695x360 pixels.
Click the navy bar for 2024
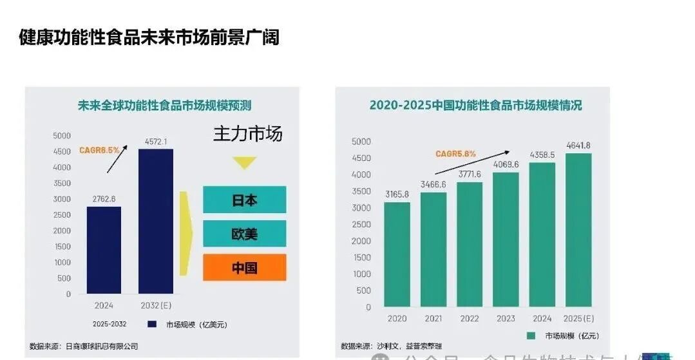pos(104,250)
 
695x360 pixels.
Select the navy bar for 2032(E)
pos(156,222)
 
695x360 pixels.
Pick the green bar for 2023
pos(506,240)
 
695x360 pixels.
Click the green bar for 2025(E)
pos(578,230)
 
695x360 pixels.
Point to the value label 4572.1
pos(156,142)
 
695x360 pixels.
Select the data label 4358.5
pos(542,155)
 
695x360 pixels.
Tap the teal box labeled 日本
pos(244,200)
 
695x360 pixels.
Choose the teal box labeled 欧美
pos(244,233)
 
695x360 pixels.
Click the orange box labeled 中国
pos(244,267)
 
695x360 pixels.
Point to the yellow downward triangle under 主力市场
pos(244,163)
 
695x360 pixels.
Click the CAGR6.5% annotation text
pos(99,150)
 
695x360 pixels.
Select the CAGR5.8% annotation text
pos(455,154)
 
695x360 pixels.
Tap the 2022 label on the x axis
pos(470,319)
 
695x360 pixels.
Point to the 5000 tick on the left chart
pos(62,136)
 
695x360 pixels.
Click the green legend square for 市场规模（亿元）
pos(531,336)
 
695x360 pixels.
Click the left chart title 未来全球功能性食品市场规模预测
pos(164,105)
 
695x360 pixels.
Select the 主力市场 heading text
pos(247,134)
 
